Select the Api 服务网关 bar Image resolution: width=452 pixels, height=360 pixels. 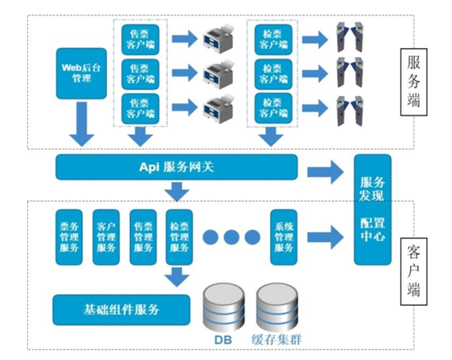(176, 166)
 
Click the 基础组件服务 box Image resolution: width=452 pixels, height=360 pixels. (122, 310)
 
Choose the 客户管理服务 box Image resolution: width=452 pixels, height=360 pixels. (106, 236)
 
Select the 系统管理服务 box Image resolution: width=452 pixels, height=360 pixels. (283, 236)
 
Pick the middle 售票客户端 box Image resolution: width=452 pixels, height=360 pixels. (140, 74)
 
